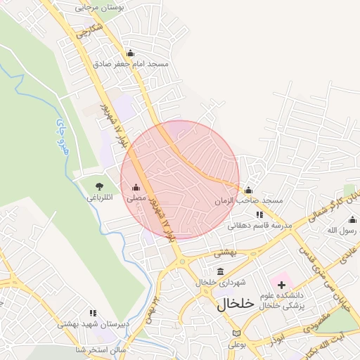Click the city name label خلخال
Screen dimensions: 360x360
[x=234, y=304]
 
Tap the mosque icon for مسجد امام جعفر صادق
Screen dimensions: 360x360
[x=129, y=53]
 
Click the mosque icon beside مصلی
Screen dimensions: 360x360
[x=136, y=188]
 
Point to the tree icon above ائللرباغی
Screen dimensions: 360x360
[x=98, y=186]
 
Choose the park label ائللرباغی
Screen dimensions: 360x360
[x=99, y=198]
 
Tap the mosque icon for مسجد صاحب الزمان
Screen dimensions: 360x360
[x=247, y=190]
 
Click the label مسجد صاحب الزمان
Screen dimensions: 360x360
[x=249, y=201]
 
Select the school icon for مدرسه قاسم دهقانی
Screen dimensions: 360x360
[x=259, y=214]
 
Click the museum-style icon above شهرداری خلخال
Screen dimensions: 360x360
[x=221, y=271]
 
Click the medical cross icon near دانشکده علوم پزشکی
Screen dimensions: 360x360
[x=282, y=285]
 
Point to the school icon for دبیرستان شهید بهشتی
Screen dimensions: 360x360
[x=92, y=313]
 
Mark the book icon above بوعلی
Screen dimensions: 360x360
[x=235, y=333]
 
